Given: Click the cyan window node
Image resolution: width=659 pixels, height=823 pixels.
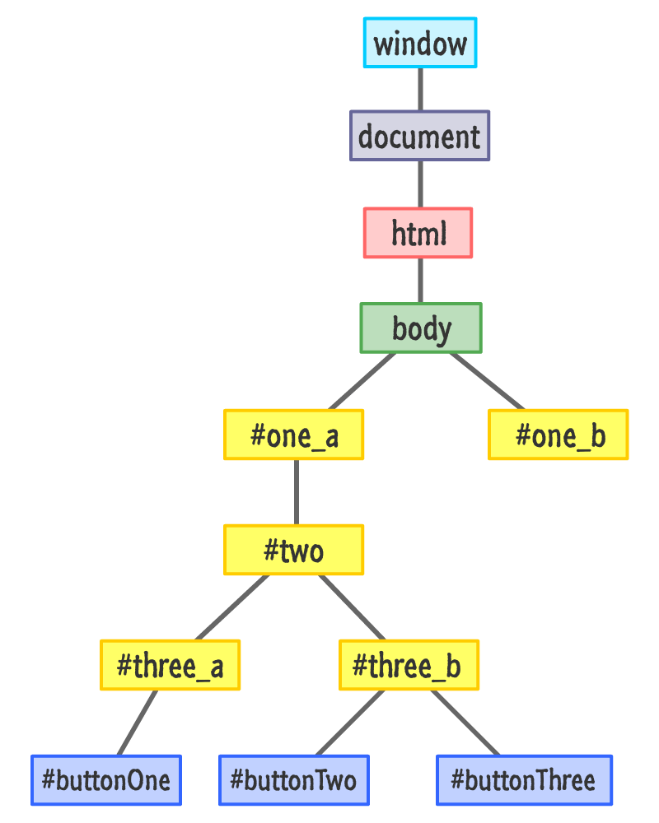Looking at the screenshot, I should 420,43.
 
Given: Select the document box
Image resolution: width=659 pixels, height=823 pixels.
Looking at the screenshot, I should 419,136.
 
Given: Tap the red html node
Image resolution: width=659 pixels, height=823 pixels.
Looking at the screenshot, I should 418,234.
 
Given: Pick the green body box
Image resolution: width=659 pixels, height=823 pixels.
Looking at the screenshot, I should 421,328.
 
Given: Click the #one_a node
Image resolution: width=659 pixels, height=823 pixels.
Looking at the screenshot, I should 294,435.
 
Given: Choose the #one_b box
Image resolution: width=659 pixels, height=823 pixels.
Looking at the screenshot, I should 559,435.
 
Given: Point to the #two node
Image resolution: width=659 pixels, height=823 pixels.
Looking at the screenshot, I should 294,550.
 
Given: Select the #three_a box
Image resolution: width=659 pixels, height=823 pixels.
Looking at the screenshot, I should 171,665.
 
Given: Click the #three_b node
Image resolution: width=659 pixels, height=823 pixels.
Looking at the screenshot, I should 409,665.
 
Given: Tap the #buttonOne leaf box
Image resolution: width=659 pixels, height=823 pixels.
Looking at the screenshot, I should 106,779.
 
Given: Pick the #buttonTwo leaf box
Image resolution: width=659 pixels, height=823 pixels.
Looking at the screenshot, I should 294,779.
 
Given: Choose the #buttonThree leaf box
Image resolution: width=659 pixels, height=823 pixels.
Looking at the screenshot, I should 525,779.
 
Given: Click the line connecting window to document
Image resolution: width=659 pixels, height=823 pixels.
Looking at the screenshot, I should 420,89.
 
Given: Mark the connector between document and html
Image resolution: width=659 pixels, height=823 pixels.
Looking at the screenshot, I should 420,184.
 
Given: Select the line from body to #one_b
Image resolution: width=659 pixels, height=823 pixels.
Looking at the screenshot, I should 486,380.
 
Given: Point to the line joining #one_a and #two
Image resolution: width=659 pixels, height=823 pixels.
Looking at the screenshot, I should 296,492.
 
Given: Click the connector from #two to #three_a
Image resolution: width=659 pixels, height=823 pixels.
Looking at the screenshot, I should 232,607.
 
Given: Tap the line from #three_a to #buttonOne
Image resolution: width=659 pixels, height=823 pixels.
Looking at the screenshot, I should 138,723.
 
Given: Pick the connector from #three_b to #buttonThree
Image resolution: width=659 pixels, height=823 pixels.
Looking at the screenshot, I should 465,723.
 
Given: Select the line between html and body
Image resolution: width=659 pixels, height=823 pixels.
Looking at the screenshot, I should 420,281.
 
